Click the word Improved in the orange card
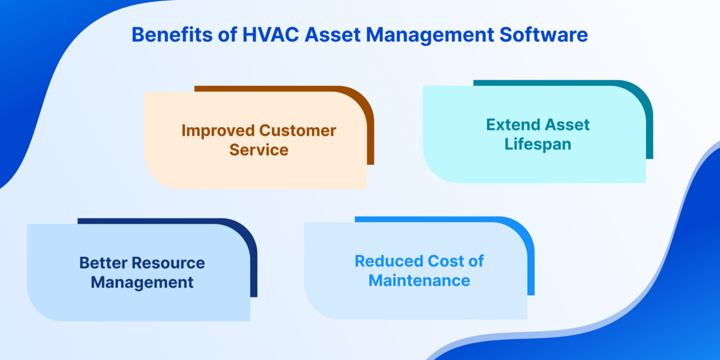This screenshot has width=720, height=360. pyautogui.click(x=218, y=130)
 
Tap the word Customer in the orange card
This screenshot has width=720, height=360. pyautogui.click(x=298, y=130)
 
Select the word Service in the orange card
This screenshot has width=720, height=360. pyautogui.click(x=259, y=150)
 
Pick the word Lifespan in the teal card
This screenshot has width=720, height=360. pyautogui.click(x=538, y=145)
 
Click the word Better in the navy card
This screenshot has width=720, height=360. pyautogui.click(x=103, y=263)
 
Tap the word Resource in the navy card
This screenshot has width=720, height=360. pyautogui.click(x=169, y=263)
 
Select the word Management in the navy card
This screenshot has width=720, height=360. pyautogui.click(x=142, y=282)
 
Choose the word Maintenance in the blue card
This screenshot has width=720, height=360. pyautogui.click(x=419, y=280)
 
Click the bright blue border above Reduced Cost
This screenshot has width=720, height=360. pyautogui.click(x=432, y=219)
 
